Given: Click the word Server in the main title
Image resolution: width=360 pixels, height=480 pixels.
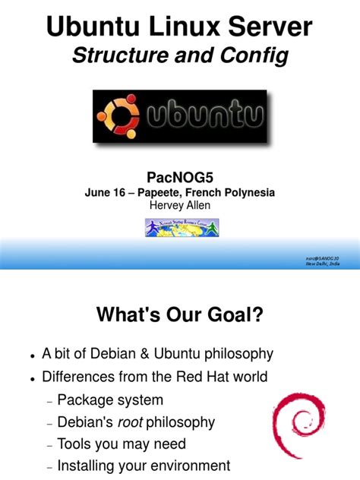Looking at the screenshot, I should tap(268, 28).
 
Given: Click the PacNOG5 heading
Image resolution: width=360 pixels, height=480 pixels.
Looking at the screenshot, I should tap(180, 177).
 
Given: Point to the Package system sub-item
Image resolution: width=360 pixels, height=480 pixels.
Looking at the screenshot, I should tap(110, 399).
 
